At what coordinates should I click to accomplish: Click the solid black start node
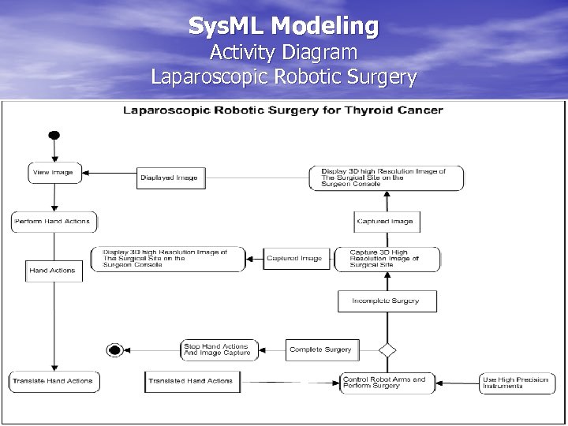[x=54, y=133]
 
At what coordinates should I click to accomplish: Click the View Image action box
[x=54, y=173]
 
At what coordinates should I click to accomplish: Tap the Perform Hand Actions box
[x=53, y=222]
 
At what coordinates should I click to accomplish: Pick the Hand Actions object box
[x=52, y=271]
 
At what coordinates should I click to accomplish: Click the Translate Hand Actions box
[x=53, y=381]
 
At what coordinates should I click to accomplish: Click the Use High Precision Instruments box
[x=517, y=383]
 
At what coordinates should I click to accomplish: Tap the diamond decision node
[x=387, y=349]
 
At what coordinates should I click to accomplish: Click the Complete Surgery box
[x=321, y=349]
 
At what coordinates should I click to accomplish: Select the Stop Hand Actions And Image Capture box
[x=216, y=349]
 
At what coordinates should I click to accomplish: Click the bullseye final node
[x=115, y=350]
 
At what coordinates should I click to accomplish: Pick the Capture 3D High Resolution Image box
[x=387, y=259]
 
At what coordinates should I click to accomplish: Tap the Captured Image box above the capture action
[x=387, y=222]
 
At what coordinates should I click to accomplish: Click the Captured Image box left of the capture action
[x=295, y=259]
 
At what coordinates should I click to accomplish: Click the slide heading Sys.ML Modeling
[x=283, y=26]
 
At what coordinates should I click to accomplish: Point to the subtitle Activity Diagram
[x=283, y=53]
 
